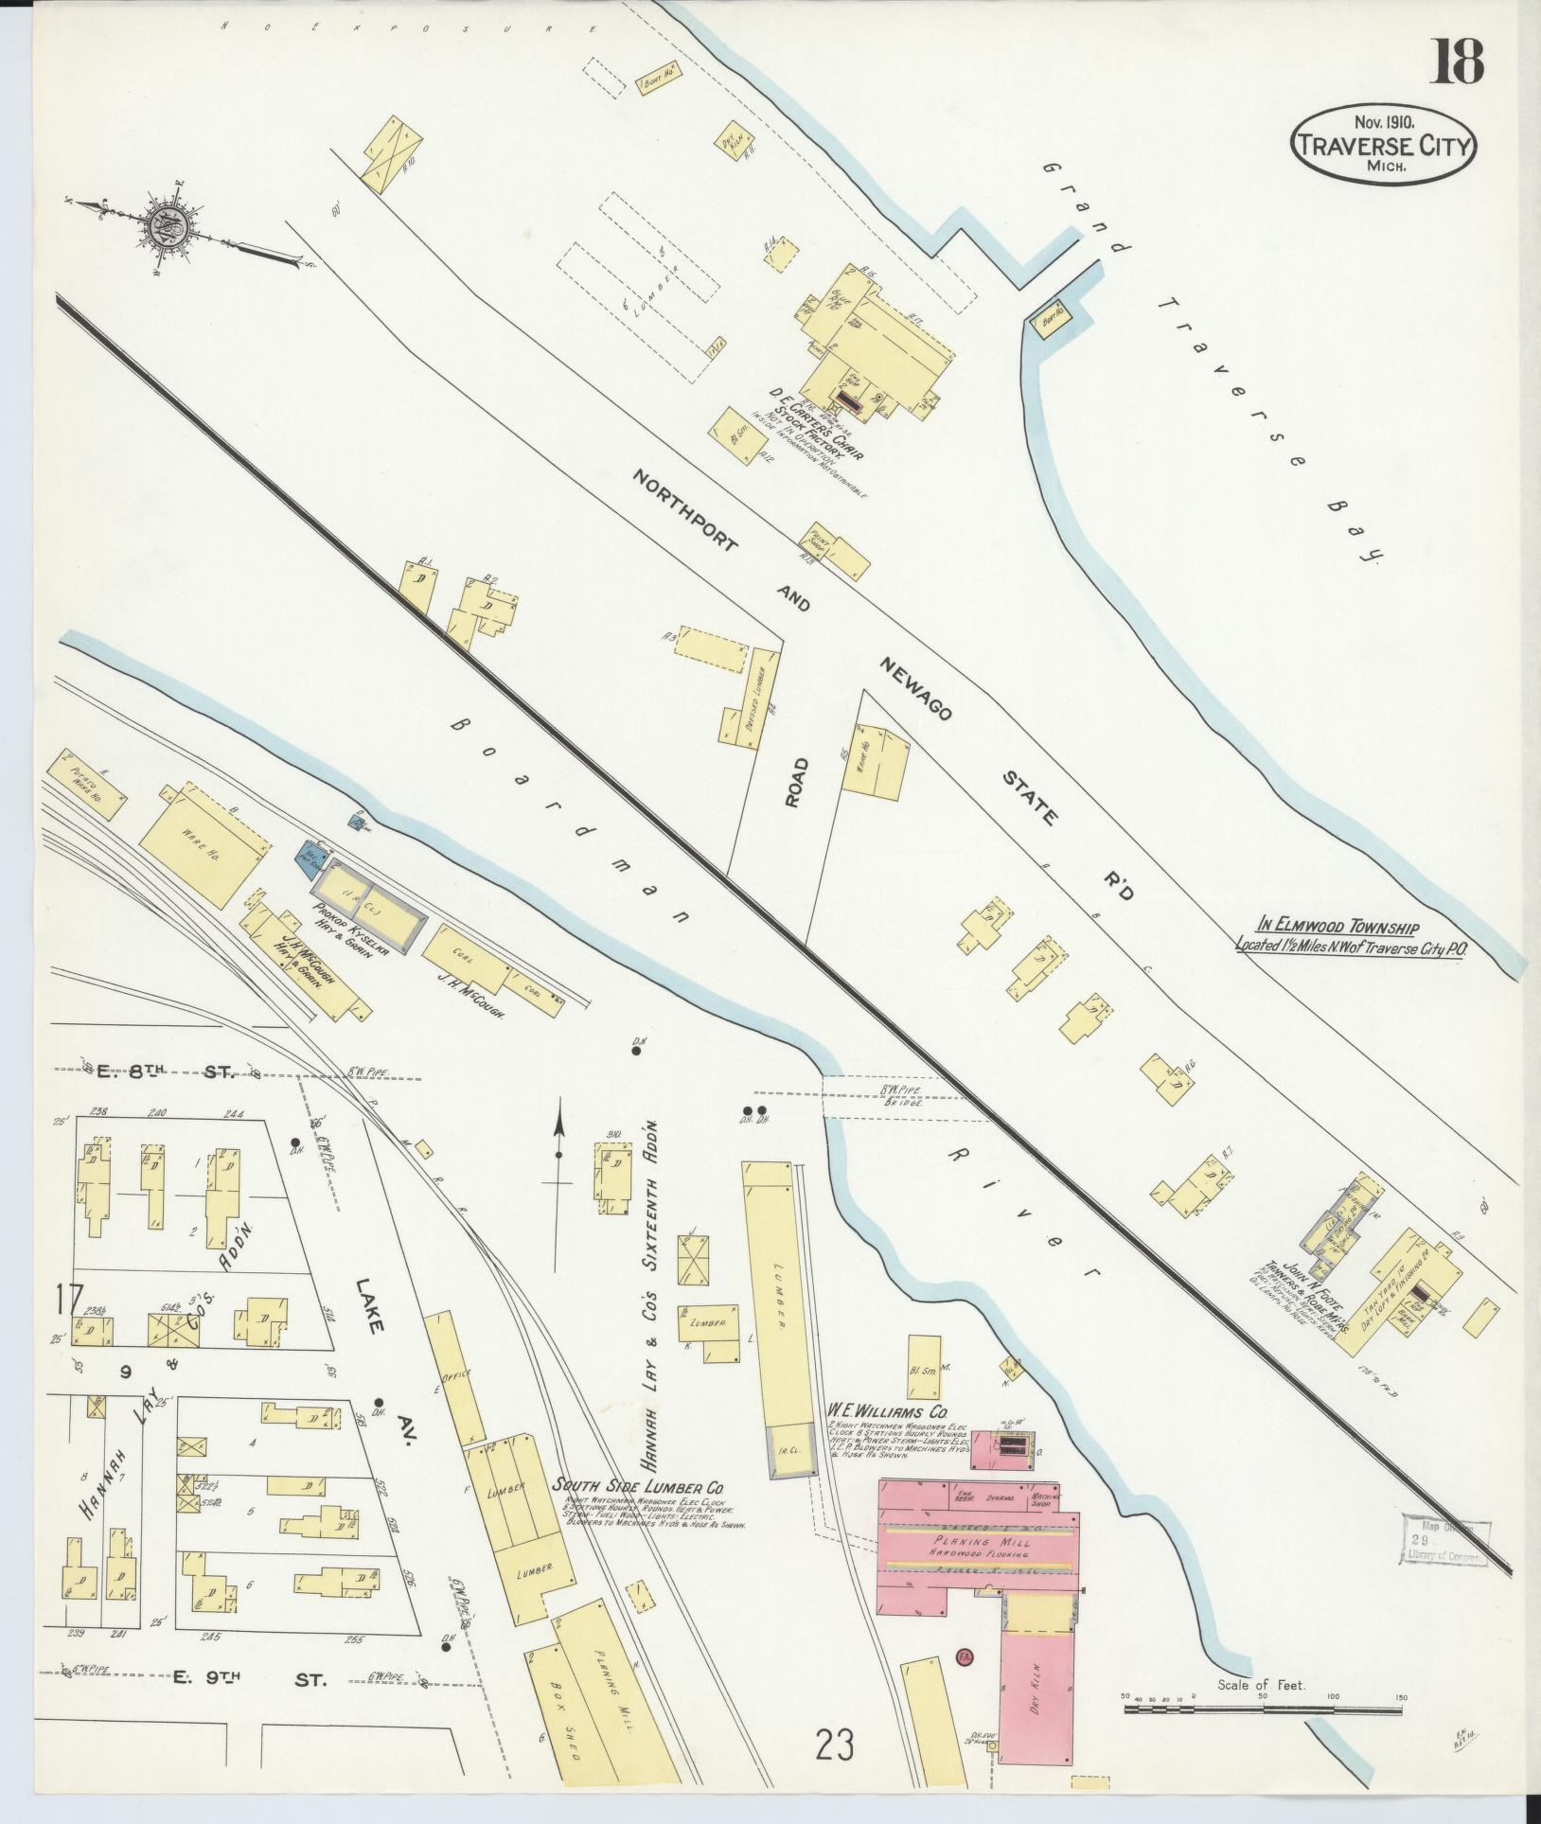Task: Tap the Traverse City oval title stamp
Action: [x=1383, y=145]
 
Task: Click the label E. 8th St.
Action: [x=170, y=1071]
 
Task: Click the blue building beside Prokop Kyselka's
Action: [x=311, y=854]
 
